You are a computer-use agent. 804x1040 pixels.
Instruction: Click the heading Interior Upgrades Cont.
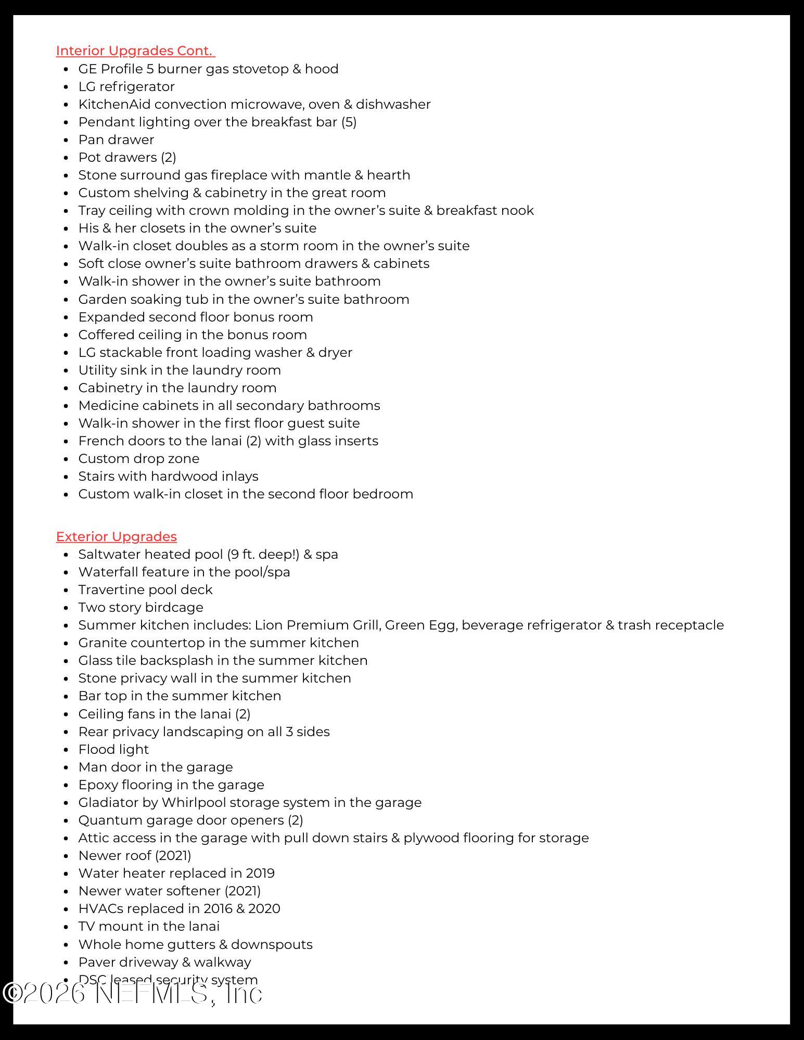coord(135,51)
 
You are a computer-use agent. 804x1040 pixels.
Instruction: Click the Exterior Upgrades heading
coord(116,536)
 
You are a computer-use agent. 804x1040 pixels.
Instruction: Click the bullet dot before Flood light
coord(66,750)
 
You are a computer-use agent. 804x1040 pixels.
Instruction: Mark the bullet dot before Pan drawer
coord(66,140)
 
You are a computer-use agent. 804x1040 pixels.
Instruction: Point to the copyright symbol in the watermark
coord(12,993)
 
